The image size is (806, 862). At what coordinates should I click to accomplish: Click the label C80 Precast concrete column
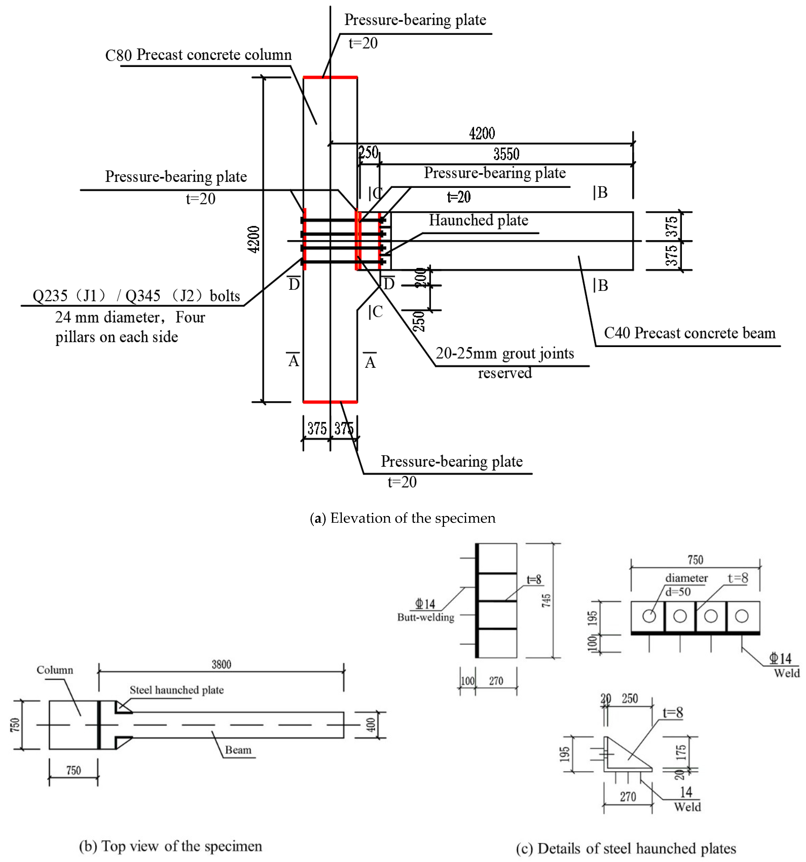(x=198, y=55)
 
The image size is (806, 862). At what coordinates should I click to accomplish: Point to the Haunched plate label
(x=478, y=220)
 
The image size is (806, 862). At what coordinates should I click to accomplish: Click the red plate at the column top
(x=330, y=77)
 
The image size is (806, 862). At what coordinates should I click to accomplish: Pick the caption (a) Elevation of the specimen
(x=402, y=518)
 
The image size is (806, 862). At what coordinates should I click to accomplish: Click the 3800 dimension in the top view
(x=221, y=664)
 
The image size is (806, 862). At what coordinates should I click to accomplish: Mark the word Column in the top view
(x=55, y=670)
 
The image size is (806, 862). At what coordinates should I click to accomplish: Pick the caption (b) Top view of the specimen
(x=170, y=846)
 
